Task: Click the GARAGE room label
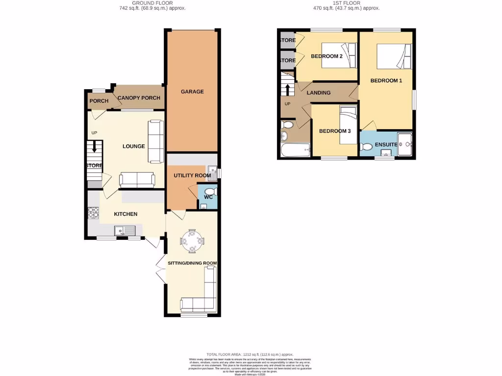[x=192, y=92]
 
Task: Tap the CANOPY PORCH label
[x=139, y=98]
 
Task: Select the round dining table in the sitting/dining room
[x=192, y=240]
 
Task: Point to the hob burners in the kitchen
[x=93, y=213]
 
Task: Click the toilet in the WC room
[x=209, y=191]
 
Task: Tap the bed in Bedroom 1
[x=394, y=57]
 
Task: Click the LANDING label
[x=319, y=93]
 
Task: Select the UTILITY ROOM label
[x=192, y=175]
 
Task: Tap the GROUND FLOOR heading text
[x=152, y=3]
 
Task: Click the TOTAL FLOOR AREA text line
[x=250, y=354]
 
